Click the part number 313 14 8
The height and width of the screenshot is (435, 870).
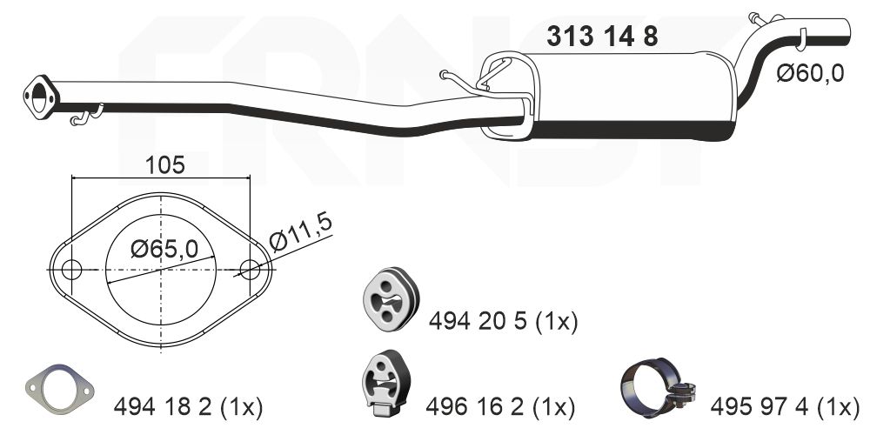601,37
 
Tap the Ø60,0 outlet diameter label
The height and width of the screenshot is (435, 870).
810,74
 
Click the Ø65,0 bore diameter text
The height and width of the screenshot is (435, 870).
164,250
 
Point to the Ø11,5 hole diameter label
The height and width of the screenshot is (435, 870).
301,233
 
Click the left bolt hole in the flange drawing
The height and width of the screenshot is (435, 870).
72,270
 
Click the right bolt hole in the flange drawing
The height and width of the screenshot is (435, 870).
250,270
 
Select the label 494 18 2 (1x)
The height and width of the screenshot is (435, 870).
188,405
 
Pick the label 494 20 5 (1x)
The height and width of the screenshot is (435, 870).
503,322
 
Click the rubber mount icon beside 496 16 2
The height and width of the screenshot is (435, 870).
386,382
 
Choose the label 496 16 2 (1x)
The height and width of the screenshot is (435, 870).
500,405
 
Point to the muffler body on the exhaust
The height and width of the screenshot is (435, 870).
626,96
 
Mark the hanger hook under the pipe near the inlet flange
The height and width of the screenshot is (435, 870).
87,116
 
